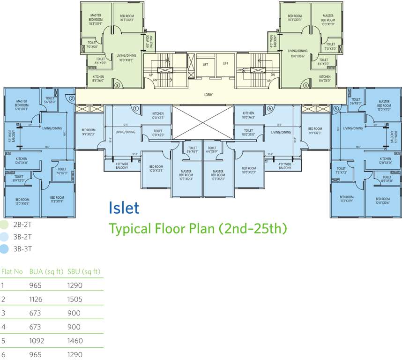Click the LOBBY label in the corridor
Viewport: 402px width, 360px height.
208,95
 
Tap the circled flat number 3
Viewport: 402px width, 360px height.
117,85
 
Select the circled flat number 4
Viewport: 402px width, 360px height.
305,85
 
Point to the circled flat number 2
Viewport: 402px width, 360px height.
71,99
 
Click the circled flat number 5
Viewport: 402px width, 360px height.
335,108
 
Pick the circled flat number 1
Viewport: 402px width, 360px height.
135,108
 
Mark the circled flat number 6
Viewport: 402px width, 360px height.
269,108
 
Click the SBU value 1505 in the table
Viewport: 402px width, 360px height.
75,299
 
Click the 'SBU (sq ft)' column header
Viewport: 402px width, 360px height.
84,271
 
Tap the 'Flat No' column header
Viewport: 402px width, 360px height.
12,271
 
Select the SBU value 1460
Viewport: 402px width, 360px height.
75,341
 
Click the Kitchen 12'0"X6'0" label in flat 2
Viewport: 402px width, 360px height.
22,161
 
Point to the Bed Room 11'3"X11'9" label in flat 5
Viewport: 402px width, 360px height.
347,199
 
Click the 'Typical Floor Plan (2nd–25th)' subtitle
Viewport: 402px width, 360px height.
197,229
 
